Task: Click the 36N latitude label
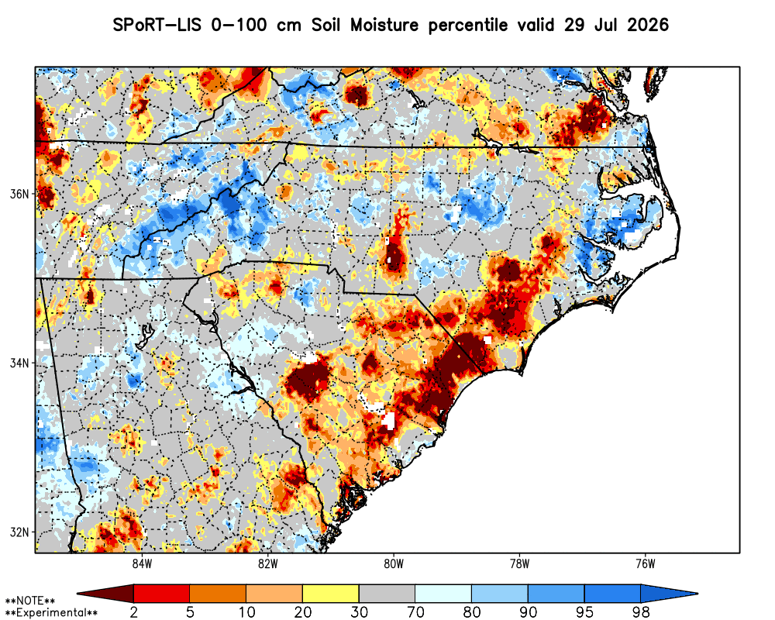[20, 194]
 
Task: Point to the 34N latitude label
[20, 363]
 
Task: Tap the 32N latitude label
[20, 532]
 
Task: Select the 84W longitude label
[142, 564]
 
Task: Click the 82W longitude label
[268, 564]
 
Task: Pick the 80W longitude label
[394, 564]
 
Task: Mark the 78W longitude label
[519, 564]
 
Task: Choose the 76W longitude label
[646, 564]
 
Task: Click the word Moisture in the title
[384, 25]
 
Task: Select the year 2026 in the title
[648, 25]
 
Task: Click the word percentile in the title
[467, 26]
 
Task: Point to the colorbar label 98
[641, 612]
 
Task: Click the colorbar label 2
[133, 612]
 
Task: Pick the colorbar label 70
[415, 612]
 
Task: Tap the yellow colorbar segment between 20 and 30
[331, 594]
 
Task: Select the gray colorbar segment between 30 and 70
[387, 594]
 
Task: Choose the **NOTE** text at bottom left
[29, 601]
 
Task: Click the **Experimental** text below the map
[51, 613]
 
